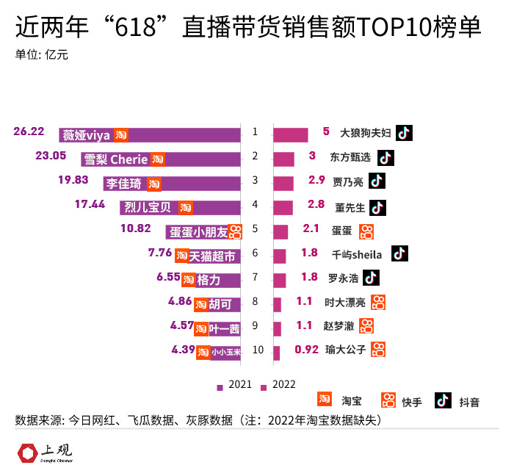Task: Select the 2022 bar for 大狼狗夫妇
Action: [x=290, y=134]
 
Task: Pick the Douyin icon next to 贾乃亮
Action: [x=377, y=181]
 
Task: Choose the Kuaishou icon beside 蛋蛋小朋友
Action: [x=235, y=231]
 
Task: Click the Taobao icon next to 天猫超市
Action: [x=181, y=255]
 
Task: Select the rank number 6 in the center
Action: [x=255, y=253]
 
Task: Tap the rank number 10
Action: [x=257, y=350]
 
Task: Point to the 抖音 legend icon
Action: [x=442, y=400]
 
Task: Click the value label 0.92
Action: [x=306, y=350]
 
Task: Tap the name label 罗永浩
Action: [x=342, y=278]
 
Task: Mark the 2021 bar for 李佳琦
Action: [x=172, y=184]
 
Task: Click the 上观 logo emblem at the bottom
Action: [x=29, y=452]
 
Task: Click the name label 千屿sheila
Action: [x=357, y=254]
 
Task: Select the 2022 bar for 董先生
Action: [x=283, y=207]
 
